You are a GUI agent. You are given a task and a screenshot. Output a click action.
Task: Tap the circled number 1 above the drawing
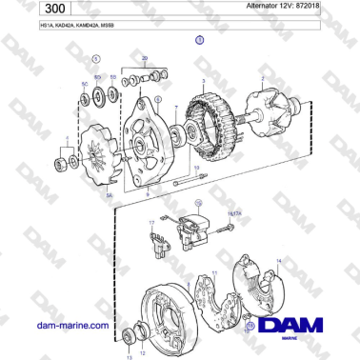[199, 40]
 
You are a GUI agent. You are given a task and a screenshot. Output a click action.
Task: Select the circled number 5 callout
[95, 59]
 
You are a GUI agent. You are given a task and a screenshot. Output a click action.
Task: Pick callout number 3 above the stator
[203, 83]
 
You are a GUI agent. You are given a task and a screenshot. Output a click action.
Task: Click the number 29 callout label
[144, 59]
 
